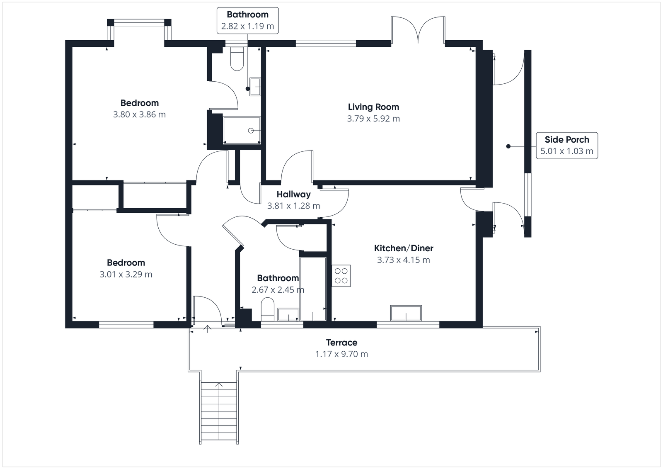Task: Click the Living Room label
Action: (373, 107)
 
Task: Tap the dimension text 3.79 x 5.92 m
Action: (373, 119)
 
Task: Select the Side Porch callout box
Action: (566, 146)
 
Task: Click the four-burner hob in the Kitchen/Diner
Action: (341, 276)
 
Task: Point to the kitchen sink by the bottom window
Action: (406, 313)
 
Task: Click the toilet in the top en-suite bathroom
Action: (237, 59)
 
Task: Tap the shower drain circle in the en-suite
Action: (251, 131)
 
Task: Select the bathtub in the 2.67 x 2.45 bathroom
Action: (313, 289)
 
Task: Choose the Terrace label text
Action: (341, 343)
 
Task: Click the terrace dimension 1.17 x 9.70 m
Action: (341, 354)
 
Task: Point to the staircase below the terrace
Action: (219, 413)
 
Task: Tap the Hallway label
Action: (293, 194)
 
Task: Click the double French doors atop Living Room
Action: (418, 30)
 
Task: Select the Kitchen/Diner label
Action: (404, 248)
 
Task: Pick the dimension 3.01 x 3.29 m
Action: (126, 275)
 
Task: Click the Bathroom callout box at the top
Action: (247, 20)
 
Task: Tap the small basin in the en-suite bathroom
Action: (255, 87)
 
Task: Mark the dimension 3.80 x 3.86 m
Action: (139, 115)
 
